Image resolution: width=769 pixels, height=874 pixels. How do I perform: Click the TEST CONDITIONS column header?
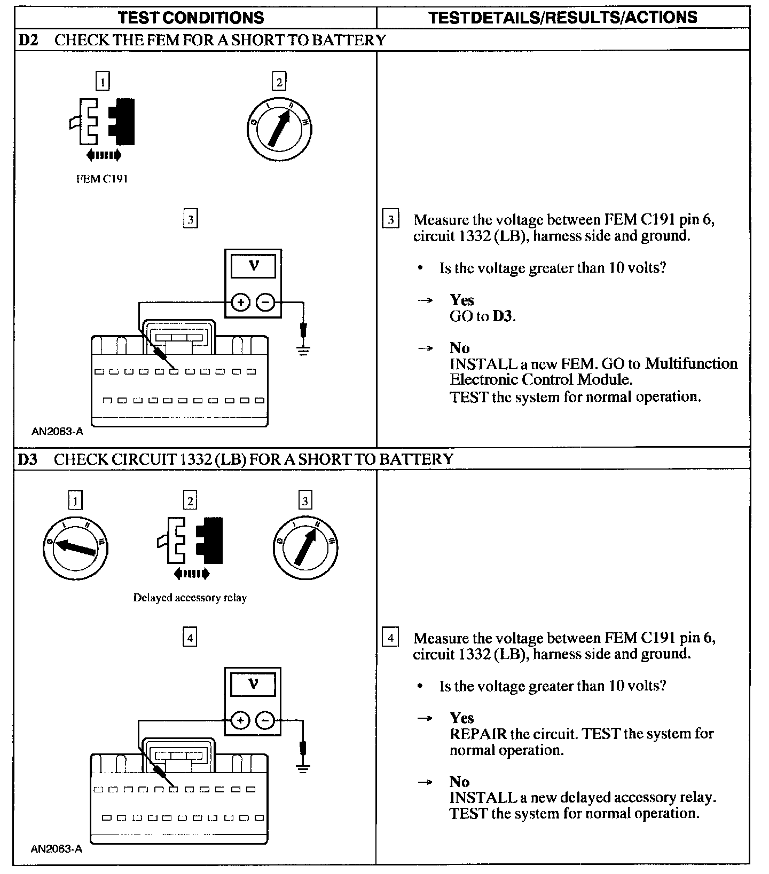pos(191,18)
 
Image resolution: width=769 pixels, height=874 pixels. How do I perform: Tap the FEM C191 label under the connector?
pos(101,179)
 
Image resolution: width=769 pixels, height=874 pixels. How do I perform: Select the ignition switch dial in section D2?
pos(279,129)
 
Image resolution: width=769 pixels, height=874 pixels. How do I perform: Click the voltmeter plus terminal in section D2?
pos(241,303)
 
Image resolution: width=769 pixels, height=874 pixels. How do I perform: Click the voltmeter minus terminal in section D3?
pos(265,721)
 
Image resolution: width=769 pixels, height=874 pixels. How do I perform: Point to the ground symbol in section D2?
pos(303,351)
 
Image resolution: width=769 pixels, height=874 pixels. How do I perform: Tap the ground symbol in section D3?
pos(303,768)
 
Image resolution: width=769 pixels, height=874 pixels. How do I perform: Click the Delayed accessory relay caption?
pos(190,598)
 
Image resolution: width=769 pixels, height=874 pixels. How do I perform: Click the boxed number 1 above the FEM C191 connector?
pos(102,82)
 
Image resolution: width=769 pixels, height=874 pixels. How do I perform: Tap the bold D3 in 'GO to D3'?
pos(503,316)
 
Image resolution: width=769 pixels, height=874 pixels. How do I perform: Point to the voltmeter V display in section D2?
pos(254,266)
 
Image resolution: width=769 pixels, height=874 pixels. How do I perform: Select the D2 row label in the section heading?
pos(28,40)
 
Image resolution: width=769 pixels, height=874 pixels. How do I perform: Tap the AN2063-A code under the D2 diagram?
pos(57,431)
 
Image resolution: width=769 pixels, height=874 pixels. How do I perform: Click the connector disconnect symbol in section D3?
pos(190,547)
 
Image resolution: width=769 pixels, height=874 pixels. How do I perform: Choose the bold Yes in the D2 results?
pos(461,300)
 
